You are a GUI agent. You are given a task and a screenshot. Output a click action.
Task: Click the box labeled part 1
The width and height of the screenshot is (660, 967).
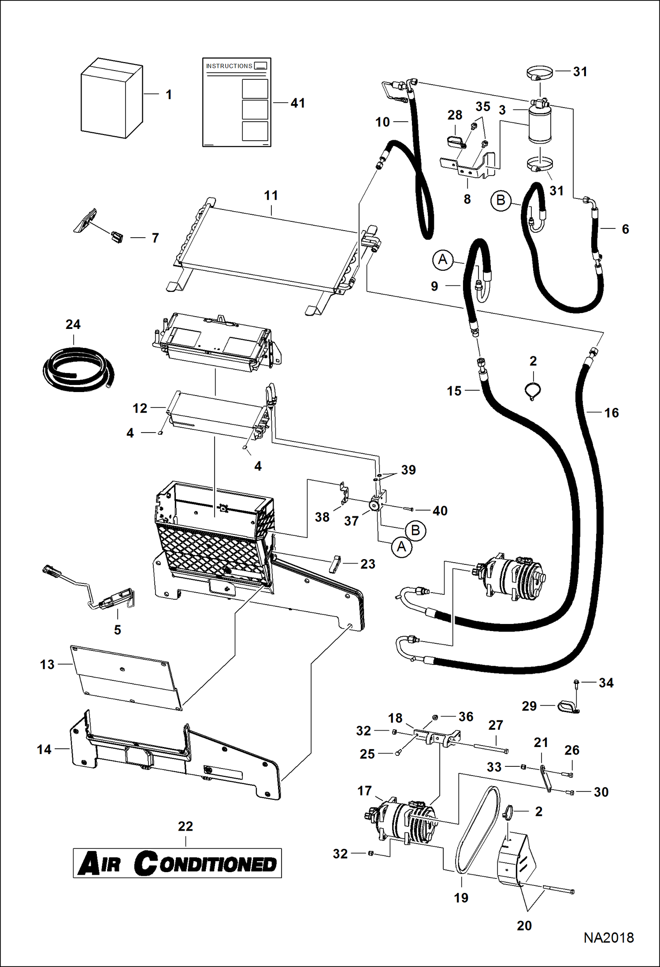tap(111, 99)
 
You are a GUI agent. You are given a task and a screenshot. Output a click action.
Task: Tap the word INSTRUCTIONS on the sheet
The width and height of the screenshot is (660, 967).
tap(229, 66)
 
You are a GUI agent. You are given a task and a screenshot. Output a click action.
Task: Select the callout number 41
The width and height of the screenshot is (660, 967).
tap(298, 103)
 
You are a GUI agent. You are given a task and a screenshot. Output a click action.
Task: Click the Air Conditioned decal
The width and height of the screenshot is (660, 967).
tap(177, 863)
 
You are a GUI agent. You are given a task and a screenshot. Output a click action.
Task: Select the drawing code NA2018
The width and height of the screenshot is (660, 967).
tap(608, 937)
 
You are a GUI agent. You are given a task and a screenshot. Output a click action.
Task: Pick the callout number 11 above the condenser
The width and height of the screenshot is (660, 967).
tap(271, 196)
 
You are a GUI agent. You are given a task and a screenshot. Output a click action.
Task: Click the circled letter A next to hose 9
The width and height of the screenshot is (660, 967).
tap(443, 260)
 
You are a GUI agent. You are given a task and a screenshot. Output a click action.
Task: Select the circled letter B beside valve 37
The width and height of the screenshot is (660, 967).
tap(415, 530)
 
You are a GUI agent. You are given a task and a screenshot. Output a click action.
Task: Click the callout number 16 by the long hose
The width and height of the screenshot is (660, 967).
tap(611, 413)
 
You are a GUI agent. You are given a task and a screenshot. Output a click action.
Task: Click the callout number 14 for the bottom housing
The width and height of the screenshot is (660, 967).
tap(44, 750)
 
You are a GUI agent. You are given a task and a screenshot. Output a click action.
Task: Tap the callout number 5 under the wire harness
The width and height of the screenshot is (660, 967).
tap(117, 630)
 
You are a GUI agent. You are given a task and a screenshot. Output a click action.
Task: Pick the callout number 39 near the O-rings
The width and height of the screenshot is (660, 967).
tap(408, 470)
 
